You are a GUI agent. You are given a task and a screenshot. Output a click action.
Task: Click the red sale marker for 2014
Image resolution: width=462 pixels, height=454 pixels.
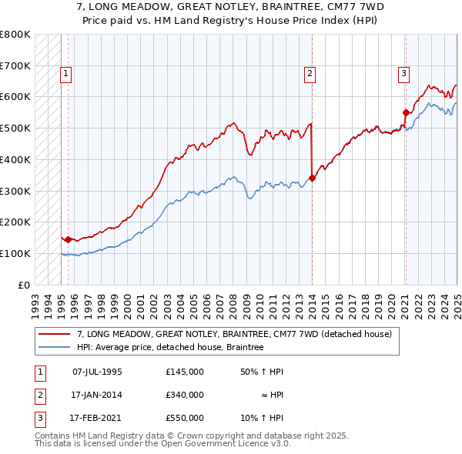[312, 178]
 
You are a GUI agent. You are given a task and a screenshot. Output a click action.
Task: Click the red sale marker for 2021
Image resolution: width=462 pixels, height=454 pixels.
[405, 112]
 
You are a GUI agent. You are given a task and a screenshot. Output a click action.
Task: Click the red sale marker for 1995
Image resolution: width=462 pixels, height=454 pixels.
[68, 239]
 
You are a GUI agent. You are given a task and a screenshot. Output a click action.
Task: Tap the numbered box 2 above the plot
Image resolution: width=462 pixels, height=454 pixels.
[310, 74]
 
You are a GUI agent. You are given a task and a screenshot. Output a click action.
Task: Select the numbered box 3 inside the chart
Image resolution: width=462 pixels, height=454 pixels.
[403, 74]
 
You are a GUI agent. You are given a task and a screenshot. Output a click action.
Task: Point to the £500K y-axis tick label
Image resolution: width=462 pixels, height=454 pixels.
[15, 128]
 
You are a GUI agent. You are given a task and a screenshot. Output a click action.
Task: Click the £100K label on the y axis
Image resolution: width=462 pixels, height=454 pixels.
[15, 253]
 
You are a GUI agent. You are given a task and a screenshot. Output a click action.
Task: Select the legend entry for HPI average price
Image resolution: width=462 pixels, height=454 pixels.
[170, 348]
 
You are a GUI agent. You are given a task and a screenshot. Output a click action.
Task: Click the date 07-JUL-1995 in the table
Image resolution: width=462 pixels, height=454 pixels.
[97, 372]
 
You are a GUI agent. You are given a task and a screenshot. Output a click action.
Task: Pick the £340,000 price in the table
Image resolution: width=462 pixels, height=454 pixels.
[185, 395]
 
